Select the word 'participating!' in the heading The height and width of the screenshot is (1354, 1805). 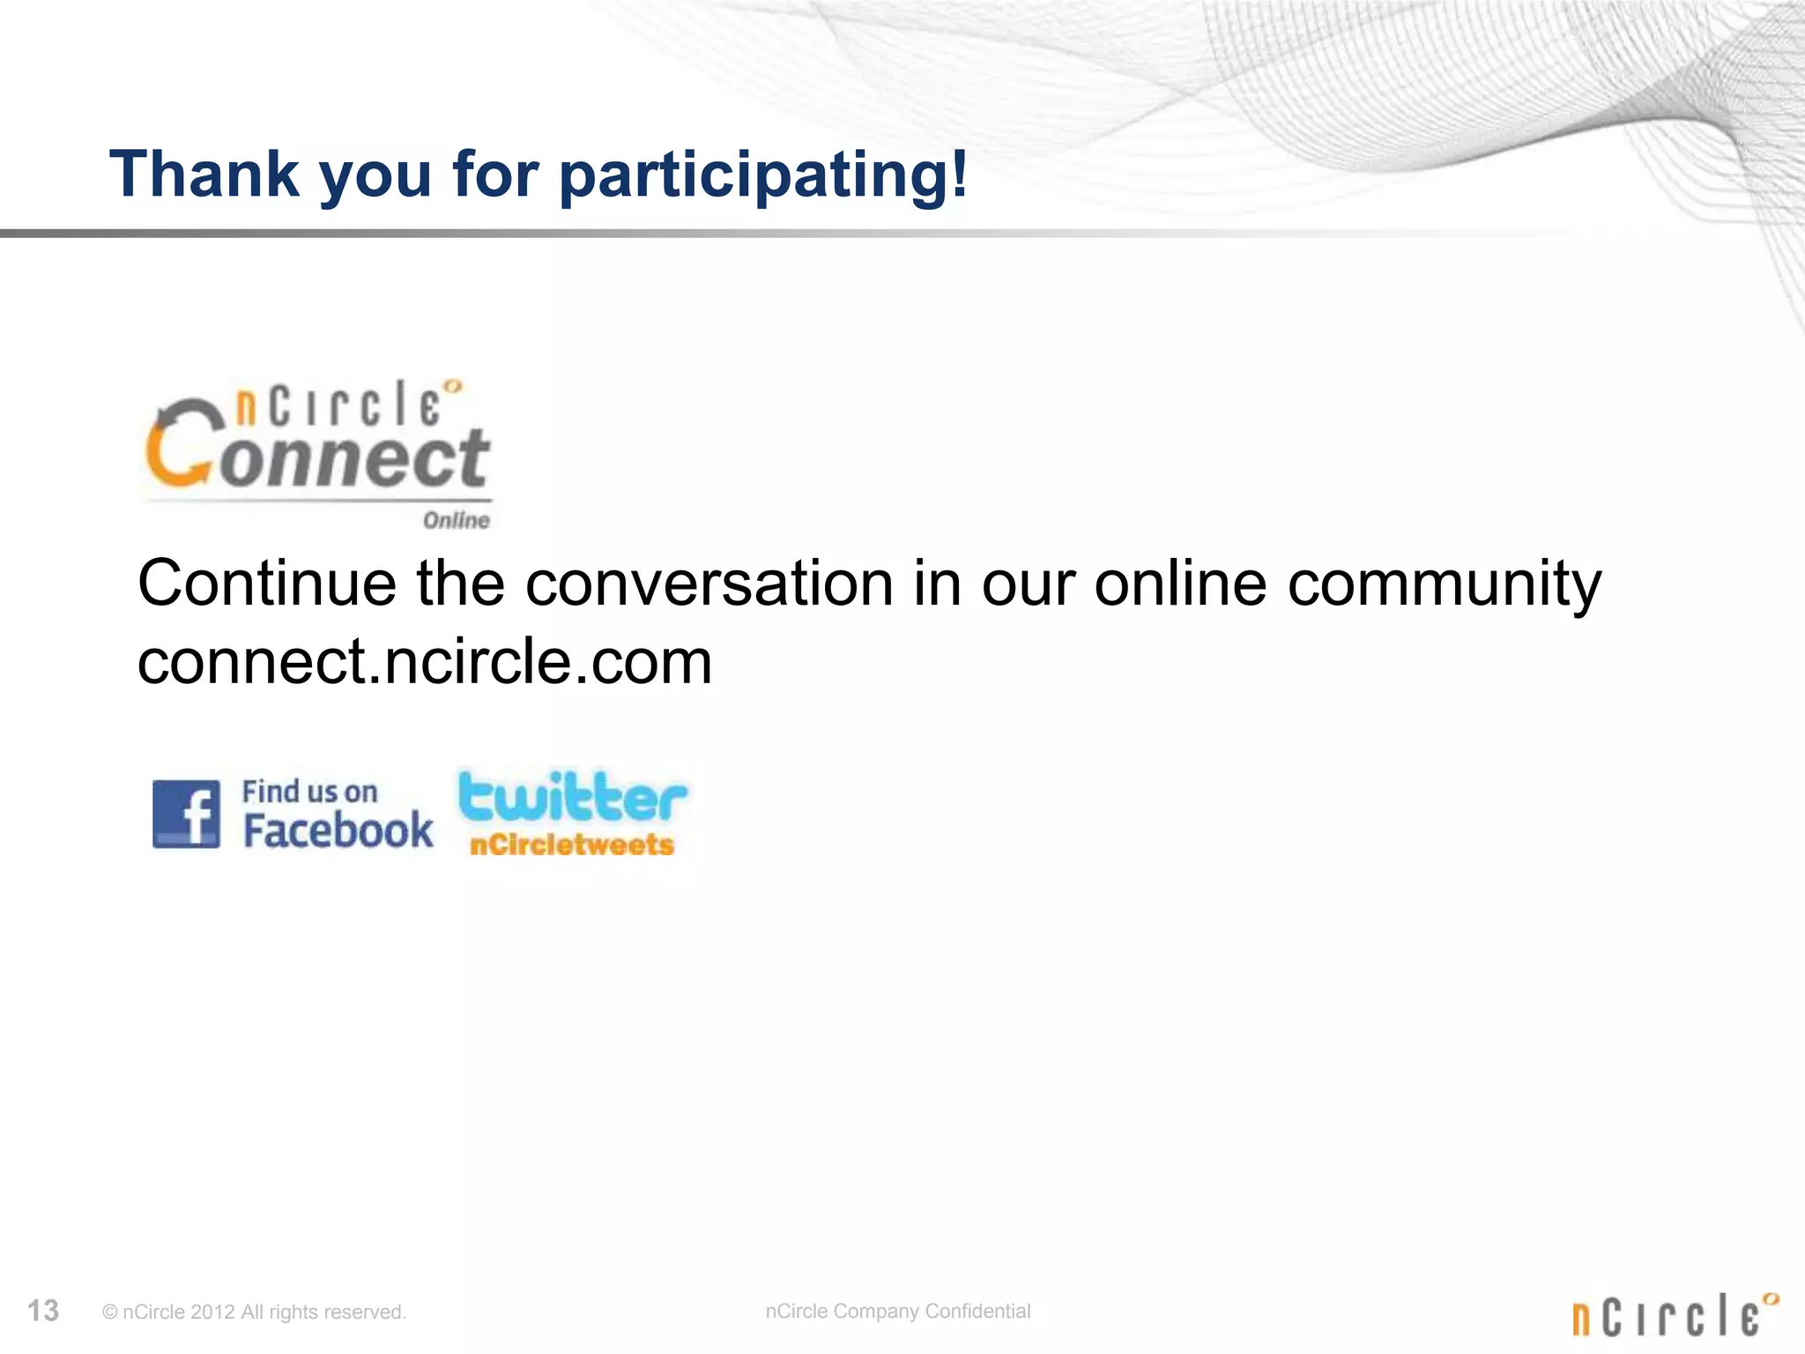coord(764,175)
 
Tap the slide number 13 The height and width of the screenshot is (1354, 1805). coord(43,1311)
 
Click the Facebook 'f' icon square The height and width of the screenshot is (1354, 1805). coord(186,814)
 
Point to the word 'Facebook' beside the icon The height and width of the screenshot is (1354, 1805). coord(338,830)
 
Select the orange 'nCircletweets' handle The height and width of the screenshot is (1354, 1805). coord(572,844)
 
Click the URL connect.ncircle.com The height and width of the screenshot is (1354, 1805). coord(425,661)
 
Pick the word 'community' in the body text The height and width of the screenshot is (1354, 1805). coord(1444,584)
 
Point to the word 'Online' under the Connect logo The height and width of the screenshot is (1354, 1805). coord(456,520)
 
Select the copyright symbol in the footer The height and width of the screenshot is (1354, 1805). coord(110,1313)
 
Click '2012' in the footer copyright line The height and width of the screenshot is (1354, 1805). coord(212,1313)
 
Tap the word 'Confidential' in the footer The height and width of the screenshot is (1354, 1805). coord(977,1311)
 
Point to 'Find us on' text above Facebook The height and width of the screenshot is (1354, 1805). coord(310,792)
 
